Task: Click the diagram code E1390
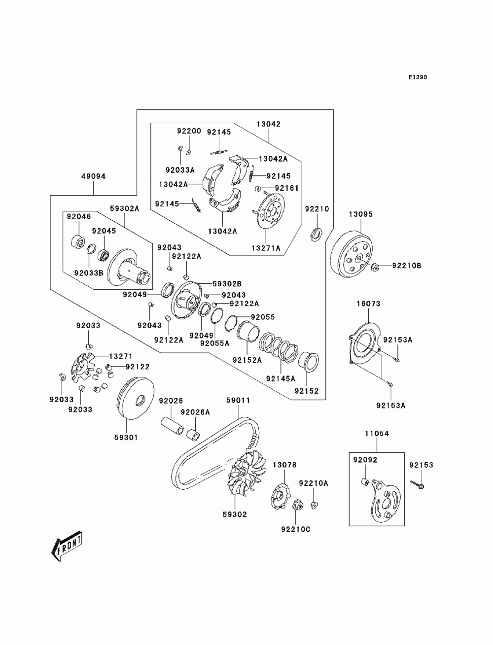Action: (418, 77)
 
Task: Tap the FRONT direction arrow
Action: (67, 546)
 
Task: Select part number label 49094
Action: (94, 176)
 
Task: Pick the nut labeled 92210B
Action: (375, 267)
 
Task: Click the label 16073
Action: (368, 304)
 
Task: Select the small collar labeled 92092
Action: (364, 482)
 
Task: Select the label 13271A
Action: (266, 248)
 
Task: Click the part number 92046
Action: (79, 217)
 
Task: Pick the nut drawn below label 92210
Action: (316, 234)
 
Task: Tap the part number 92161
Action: (286, 188)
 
